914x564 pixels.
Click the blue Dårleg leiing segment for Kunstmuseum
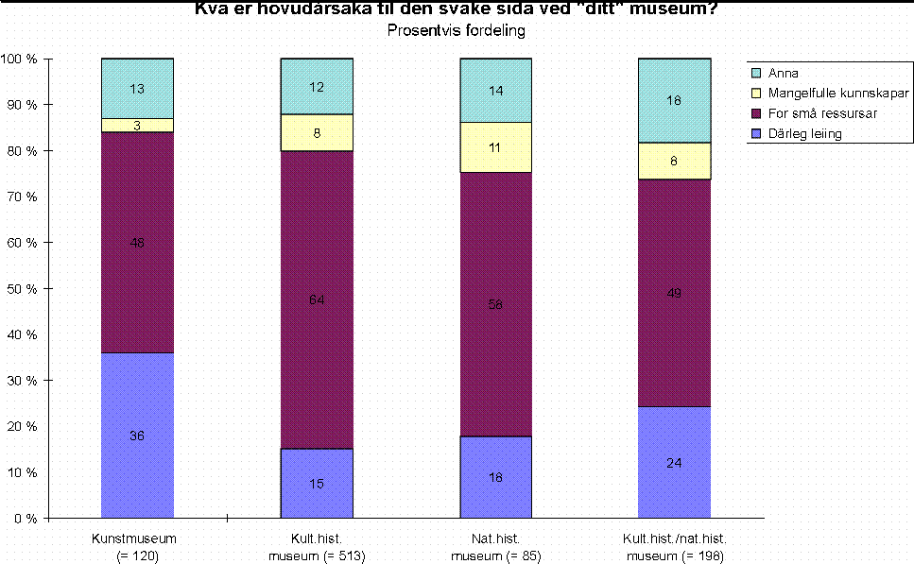tap(137, 436)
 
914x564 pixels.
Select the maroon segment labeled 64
tap(317, 299)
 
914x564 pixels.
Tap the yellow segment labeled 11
tap(495, 147)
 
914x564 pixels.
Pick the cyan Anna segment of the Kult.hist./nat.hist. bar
tap(674, 100)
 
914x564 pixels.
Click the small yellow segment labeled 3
tap(137, 126)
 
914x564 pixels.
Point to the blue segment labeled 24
tap(674, 463)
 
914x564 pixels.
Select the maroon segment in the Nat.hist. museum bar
tap(495, 304)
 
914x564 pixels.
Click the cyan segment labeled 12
tap(317, 87)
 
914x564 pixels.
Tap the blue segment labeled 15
tap(317, 484)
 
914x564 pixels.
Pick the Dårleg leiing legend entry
tap(801, 133)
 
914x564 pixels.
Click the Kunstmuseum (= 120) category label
tap(137, 547)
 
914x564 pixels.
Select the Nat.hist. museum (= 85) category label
tap(495, 547)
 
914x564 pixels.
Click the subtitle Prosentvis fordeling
tap(457, 30)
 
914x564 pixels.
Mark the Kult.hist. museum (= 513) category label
tap(317, 547)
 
